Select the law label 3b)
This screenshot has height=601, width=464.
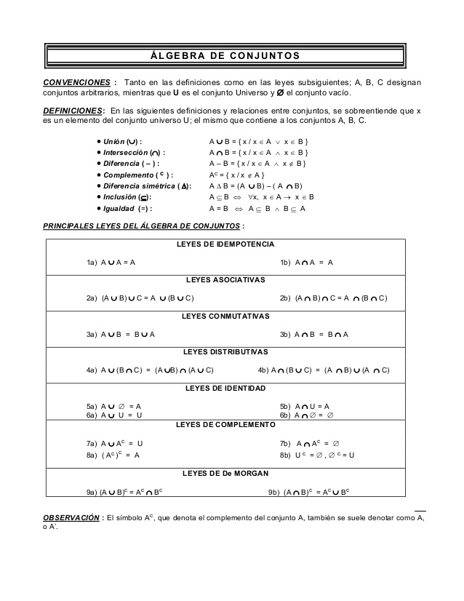coord(286,335)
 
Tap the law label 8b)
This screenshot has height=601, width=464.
coord(286,455)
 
